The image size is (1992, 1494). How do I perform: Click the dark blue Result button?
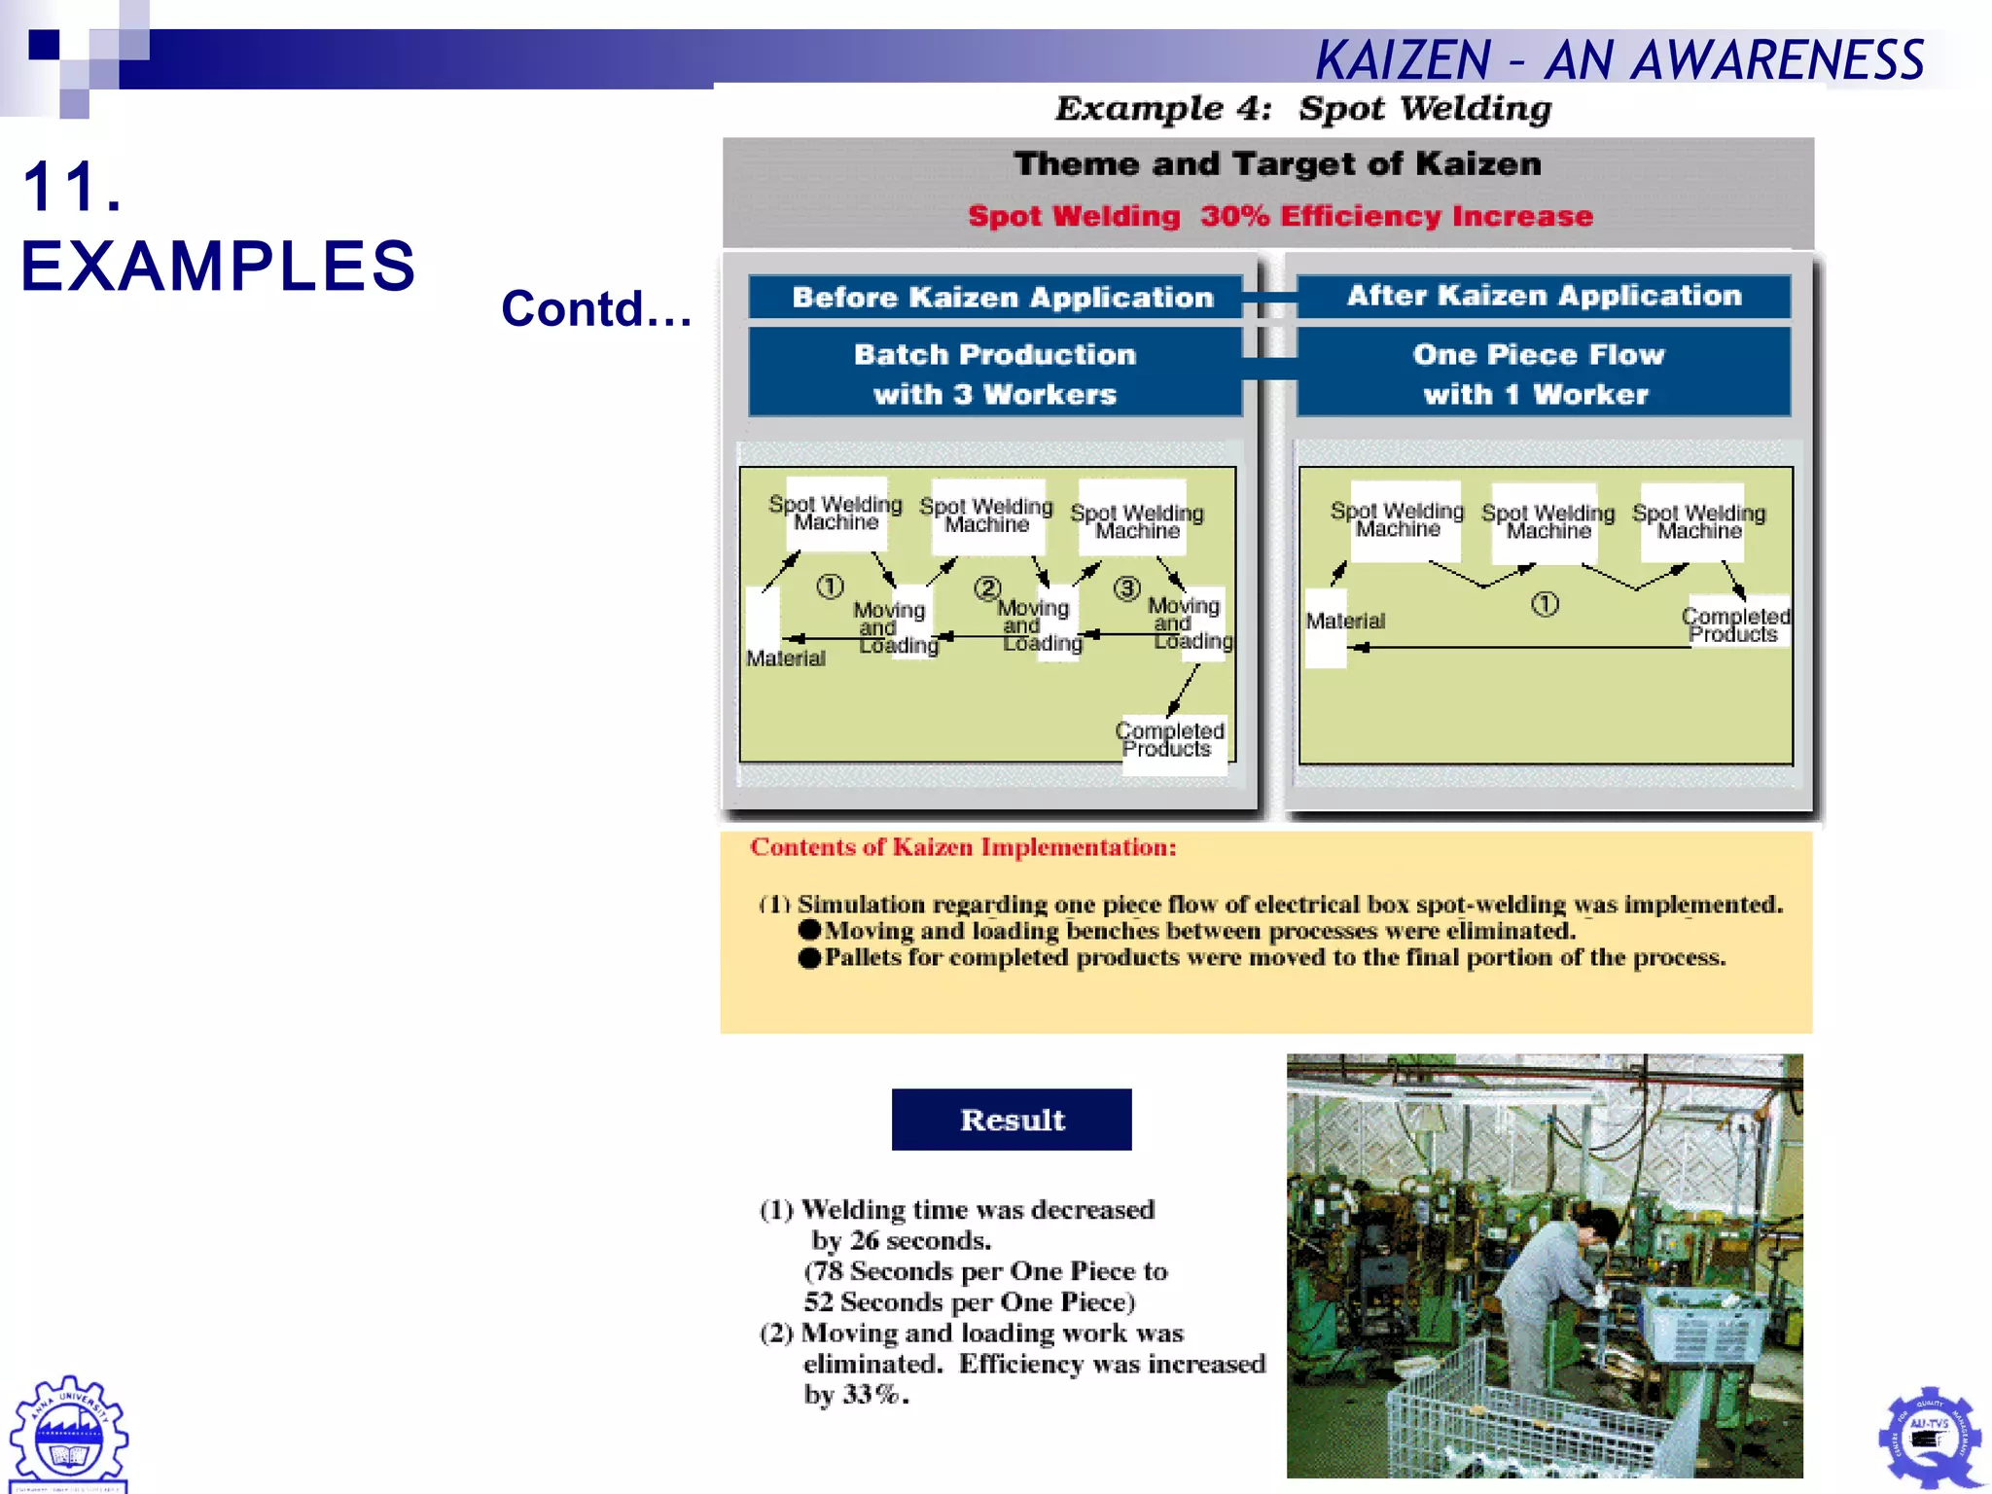1012,1120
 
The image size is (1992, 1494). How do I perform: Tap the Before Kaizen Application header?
1002,297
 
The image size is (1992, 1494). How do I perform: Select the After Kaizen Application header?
1544,295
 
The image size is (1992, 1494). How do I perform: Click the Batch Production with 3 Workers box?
994,373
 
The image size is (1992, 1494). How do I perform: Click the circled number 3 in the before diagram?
1126,588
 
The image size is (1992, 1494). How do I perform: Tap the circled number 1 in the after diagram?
1545,604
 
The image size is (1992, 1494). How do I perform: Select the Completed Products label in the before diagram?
1169,740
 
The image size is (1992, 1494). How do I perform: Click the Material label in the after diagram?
1344,622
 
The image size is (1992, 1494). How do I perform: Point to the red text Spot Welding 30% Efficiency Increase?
1280,216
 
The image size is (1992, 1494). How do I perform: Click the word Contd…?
596,309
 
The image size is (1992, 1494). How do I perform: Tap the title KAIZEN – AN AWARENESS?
1619,60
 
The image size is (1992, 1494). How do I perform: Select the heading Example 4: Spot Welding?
1303,108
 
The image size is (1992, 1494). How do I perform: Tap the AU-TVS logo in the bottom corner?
1930,1437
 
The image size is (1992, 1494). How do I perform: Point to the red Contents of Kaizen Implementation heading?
963,847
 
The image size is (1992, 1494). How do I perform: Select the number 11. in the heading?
72,187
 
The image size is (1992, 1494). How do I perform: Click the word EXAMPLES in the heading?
218,267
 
